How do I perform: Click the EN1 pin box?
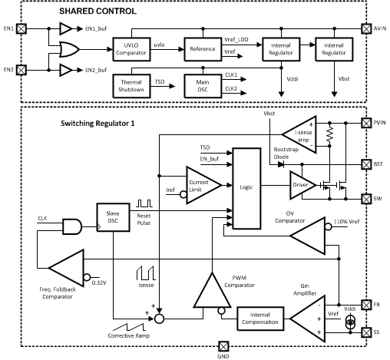coord(21,28)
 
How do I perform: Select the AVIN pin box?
coord(366,28)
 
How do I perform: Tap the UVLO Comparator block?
coord(131,49)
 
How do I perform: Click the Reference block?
coord(203,49)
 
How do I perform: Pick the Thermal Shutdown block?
coord(131,86)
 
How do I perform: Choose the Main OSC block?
coord(203,86)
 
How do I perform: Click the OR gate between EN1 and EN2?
coord(69,49)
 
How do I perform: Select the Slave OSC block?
coord(113,217)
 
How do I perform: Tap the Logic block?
coord(246,188)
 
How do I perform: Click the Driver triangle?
coord(302,185)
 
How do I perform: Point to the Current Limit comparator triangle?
coord(203,185)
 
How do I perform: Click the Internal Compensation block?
coord(260,319)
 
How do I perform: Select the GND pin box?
coord(223,346)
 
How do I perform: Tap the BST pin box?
coord(366,164)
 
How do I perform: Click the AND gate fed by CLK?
coord(72,226)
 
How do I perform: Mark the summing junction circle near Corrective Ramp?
coord(159,319)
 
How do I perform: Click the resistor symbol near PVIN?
coord(329,134)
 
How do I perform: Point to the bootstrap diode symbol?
coord(281,164)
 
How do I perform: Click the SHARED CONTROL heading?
coord(97,12)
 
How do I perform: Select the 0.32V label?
coord(99,282)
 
